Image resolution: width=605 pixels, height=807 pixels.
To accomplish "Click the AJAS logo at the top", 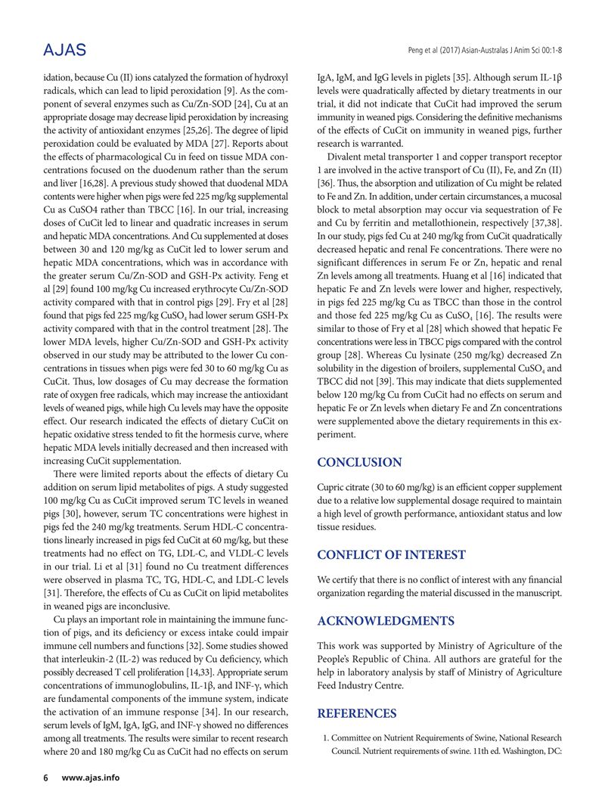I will pyautogui.click(x=65, y=50).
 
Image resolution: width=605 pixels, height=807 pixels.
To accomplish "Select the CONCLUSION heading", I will pyautogui.click(x=359, y=462).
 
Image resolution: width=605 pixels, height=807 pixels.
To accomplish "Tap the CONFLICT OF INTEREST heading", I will pyautogui.click(x=390, y=555).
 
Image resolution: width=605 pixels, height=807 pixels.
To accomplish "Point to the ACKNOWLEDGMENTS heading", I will pyautogui.click(x=386, y=622).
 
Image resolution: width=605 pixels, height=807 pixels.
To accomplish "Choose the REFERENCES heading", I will pyautogui.click(x=356, y=713).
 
